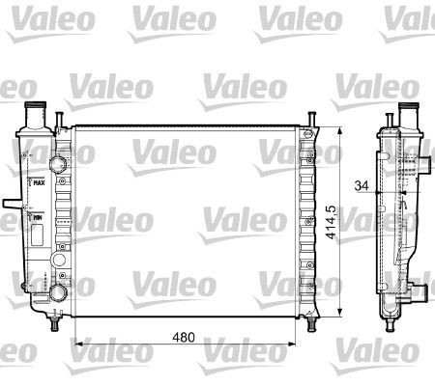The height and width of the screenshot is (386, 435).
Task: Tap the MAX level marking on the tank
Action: [x=39, y=180]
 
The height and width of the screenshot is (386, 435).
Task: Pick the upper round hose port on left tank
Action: [x=59, y=154]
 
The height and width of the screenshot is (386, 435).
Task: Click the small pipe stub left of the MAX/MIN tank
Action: [x=9, y=205]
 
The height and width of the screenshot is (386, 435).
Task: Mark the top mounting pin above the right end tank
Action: [x=312, y=119]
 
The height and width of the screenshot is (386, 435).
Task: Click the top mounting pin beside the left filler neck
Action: [x=60, y=118]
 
